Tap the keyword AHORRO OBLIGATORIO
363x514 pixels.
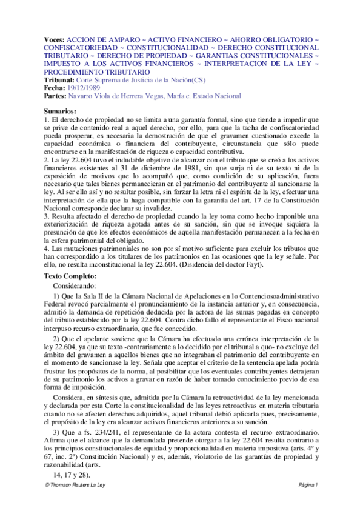click(x=270, y=38)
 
